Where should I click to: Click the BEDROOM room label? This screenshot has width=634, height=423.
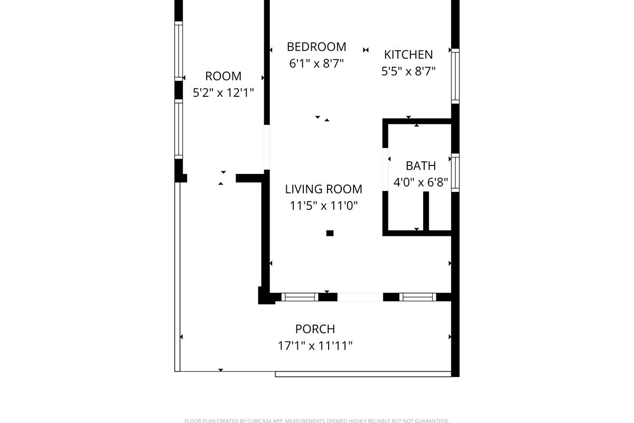[x=316, y=47]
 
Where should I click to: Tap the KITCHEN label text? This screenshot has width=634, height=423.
[x=408, y=54]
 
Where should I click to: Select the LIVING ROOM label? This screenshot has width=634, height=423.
[x=323, y=189]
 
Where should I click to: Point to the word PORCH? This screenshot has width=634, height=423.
[x=315, y=329]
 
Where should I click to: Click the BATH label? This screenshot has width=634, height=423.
[x=421, y=165]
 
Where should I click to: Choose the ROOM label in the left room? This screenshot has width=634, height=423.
[x=223, y=76]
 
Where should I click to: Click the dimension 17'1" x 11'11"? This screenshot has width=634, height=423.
[x=315, y=346]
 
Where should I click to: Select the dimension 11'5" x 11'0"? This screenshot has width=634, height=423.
[x=323, y=206]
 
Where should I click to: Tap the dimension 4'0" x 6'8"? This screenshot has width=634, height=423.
[x=421, y=183]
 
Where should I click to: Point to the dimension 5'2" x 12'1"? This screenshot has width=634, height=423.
[x=223, y=93]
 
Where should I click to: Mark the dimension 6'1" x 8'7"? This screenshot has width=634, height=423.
[x=316, y=63]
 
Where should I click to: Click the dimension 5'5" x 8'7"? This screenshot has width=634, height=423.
[x=408, y=71]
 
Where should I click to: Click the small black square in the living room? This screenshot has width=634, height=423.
[x=330, y=233]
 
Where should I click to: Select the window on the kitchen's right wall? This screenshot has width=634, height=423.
[x=455, y=76]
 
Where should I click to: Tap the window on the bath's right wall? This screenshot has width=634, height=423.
[x=455, y=172]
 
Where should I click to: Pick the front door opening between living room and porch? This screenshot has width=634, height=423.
[x=360, y=297]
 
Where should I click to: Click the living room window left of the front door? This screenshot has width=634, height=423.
[x=300, y=297]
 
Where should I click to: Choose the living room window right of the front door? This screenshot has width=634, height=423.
[x=417, y=297]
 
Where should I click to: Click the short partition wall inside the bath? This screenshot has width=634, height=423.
[x=426, y=211]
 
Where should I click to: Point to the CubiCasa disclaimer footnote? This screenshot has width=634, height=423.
[x=316, y=421]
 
